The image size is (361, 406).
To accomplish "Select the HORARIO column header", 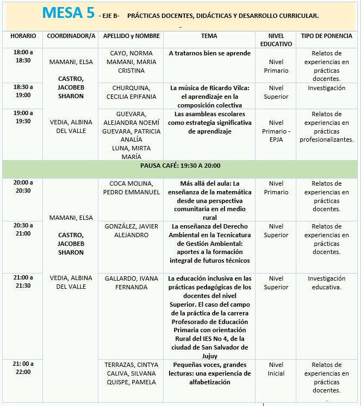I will (x=23, y=36).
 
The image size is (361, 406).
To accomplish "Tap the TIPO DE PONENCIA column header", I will (x=326, y=36).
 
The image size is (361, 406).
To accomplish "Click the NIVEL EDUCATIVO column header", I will (x=276, y=40).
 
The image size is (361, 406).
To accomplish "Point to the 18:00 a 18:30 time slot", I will (x=23, y=56).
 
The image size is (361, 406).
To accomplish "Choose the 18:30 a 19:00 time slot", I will (x=23, y=91).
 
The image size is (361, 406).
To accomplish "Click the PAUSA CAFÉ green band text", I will (x=180, y=166).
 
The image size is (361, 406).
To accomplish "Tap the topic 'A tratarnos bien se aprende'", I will (x=209, y=54).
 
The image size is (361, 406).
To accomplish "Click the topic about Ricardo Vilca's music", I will (x=209, y=96).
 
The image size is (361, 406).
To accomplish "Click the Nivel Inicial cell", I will (x=276, y=369).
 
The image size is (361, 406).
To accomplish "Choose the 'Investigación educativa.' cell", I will (x=326, y=283).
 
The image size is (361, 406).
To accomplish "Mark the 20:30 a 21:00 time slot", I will (x=23, y=229).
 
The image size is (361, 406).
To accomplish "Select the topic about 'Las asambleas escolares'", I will (x=209, y=123).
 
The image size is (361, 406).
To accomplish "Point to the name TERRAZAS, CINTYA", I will (x=130, y=365).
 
